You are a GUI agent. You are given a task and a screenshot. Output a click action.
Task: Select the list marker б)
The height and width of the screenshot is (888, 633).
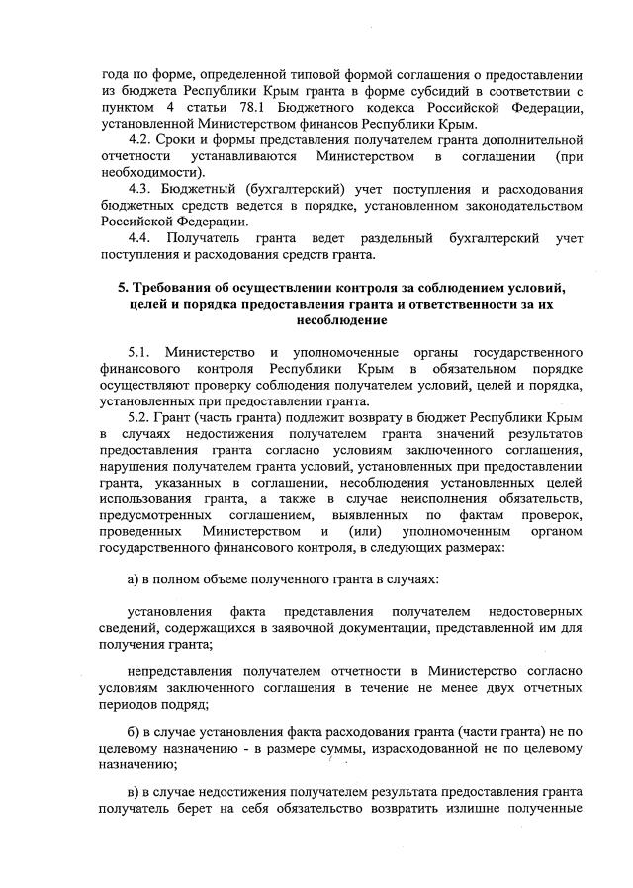click(136, 730)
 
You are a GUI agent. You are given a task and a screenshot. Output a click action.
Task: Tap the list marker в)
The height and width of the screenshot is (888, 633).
click(136, 795)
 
